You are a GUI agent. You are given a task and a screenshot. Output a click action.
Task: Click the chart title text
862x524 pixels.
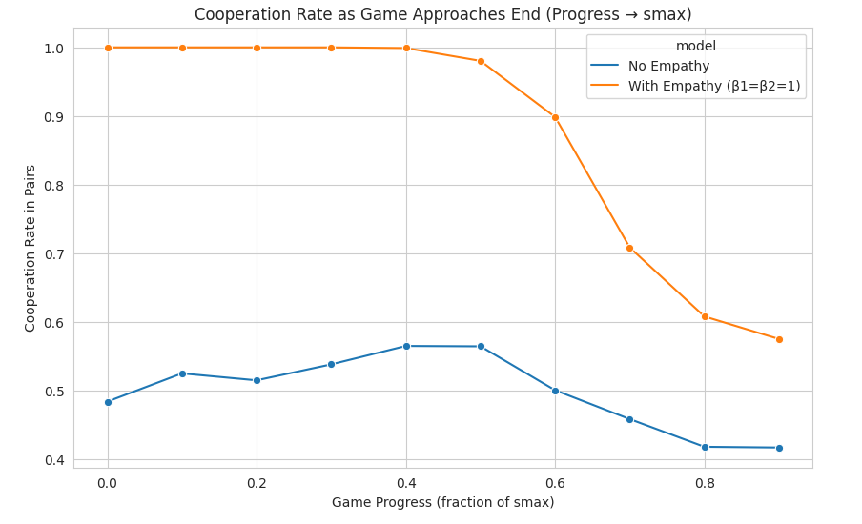pos(442,14)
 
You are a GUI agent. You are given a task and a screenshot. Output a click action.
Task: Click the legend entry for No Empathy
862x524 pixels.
pos(667,66)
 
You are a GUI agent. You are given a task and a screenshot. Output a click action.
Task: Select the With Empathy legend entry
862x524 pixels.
pos(713,86)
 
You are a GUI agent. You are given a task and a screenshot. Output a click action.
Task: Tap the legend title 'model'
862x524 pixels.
pos(695,46)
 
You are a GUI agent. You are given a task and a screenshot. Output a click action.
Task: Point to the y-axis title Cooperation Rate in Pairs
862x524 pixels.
pos(31,248)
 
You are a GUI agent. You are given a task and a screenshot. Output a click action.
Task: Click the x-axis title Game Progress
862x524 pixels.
pos(442,502)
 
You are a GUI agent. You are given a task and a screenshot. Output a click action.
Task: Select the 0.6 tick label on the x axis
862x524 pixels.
pos(555,483)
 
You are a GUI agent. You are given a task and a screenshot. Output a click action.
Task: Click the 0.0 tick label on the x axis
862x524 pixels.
pos(108,483)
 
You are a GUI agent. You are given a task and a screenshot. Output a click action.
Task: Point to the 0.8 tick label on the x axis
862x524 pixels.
pos(705,483)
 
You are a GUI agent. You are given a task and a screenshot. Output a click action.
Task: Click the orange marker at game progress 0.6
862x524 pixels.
pos(555,117)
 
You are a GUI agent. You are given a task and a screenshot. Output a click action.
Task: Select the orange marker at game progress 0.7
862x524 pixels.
pos(629,248)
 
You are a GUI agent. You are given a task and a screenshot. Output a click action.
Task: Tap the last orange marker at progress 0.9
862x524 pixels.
pos(779,339)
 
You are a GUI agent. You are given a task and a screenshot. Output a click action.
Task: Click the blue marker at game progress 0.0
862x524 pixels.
pos(108,402)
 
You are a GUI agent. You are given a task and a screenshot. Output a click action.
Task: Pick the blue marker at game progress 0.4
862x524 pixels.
pos(406,346)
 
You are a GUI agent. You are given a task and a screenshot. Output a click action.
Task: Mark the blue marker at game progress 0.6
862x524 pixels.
pos(555,391)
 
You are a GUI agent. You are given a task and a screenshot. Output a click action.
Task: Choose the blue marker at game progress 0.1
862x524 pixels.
pos(182,373)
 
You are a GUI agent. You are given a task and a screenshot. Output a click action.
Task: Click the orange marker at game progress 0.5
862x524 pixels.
pos(481,61)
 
